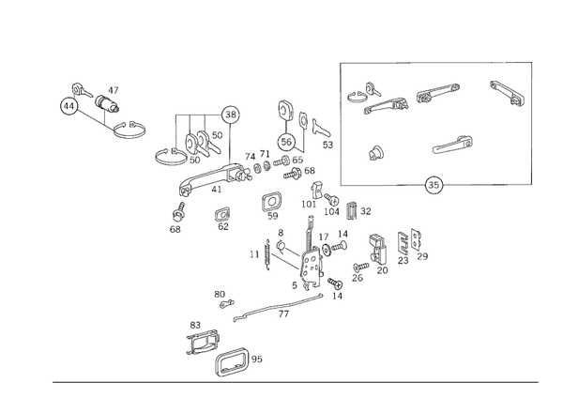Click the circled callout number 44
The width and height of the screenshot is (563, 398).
69,106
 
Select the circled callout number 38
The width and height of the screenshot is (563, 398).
231,115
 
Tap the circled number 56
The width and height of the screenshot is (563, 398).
286,142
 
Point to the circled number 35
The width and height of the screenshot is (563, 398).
434,185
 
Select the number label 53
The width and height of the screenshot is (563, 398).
327,145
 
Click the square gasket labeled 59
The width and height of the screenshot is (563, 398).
271,203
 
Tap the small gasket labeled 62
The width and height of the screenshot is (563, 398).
222,215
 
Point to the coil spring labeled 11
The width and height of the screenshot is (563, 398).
267,254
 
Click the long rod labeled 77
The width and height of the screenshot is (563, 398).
278,308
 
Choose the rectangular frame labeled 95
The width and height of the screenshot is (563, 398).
232,361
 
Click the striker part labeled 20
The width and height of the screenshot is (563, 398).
378,248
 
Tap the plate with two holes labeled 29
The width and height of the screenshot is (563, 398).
416,239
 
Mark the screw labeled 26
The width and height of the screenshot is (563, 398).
361,267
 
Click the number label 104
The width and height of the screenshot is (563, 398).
331,211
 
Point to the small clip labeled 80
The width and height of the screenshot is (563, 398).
226,303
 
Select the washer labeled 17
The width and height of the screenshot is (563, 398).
327,249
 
